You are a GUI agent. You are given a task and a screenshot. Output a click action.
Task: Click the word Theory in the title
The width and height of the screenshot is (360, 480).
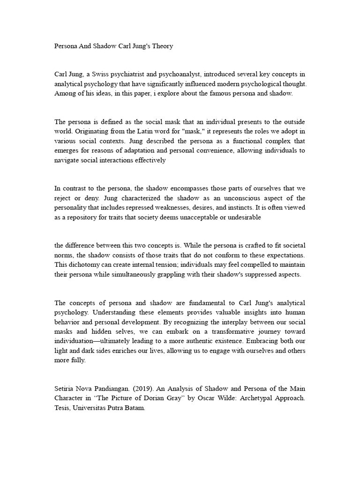(160, 46)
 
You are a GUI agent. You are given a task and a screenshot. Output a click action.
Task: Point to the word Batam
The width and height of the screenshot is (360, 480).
(135, 409)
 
